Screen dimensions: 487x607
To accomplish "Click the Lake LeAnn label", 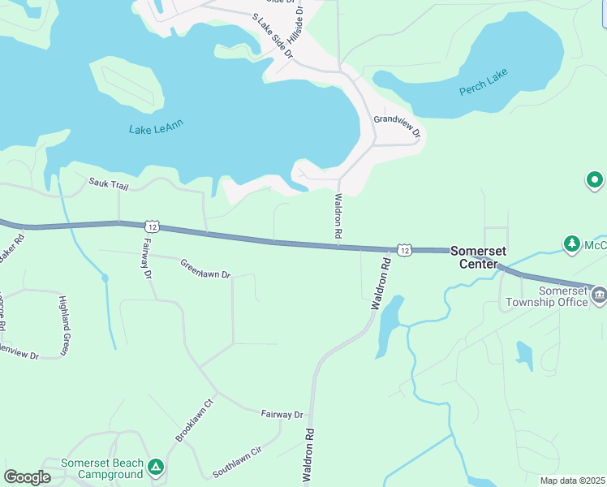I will point(156,127).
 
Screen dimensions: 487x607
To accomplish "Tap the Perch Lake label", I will point(484,85).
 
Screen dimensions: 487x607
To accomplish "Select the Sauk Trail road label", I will point(110,185).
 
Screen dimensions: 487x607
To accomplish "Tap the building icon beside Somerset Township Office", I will point(599,294).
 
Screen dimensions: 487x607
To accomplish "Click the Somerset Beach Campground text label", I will point(101,468).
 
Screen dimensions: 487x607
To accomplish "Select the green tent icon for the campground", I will point(157,468).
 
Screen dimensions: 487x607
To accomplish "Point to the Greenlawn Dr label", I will point(205,269).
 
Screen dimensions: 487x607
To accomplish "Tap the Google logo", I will point(27,477).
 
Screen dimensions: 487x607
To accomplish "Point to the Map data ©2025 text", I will point(571,481).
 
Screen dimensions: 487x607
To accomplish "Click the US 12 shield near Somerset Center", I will point(403,250).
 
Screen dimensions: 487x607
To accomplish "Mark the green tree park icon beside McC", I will point(572,243).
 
